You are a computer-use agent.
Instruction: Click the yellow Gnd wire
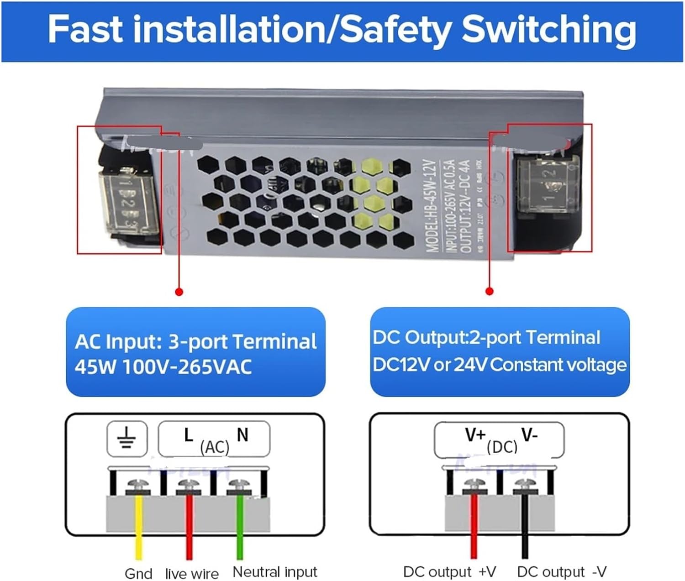(138, 529)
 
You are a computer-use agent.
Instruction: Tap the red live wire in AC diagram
(189, 529)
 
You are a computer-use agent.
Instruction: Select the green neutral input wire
(239, 529)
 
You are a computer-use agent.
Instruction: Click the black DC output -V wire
(525, 529)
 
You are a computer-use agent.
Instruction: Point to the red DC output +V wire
(474, 529)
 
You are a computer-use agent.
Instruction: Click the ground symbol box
(127, 439)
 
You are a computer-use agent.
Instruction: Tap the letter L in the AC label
(189, 435)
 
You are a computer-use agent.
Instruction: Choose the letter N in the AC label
(242, 435)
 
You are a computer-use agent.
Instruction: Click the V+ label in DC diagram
(475, 435)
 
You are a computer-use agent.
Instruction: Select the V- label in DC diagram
(530, 435)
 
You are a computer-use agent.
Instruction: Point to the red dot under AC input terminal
(179, 292)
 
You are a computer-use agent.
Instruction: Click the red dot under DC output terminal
(490, 291)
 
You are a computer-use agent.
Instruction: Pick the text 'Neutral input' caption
(274, 571)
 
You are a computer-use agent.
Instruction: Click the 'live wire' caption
(192, 573)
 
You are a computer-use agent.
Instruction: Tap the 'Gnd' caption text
(138, 573)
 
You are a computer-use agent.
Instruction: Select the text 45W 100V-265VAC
(163, 366)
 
